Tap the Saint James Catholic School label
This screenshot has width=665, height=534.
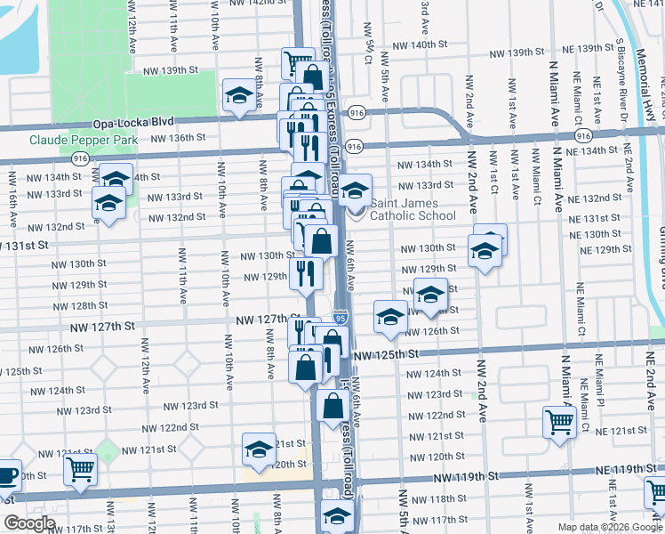(413, 209)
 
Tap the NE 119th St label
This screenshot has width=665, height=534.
(619, 468)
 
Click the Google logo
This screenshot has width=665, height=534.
(29, 523)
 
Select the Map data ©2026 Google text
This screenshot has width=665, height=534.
(610, 527)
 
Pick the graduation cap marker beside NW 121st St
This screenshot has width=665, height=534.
(259, 449)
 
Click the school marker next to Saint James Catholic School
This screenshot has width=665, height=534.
(355, 189)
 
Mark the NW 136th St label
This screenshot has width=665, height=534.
(178, 138)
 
